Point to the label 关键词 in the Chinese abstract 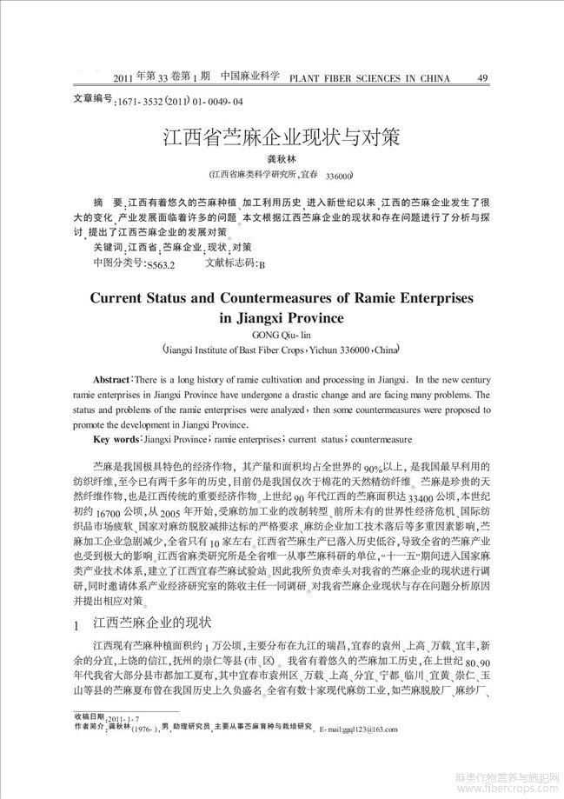(109, 248)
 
